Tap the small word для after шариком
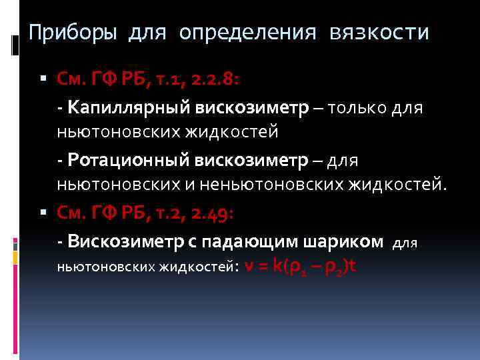405,243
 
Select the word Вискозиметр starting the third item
119,241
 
